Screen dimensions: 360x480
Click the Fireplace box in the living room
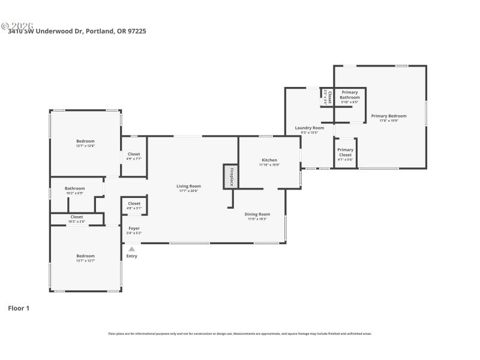coord(229,176)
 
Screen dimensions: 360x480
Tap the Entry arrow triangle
coord(131,248)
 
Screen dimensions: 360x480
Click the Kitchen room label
coord(269,160)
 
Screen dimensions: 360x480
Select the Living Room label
coord(188,186)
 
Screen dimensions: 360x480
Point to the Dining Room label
coord(257,214)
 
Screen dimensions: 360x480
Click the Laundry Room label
coord(309,128)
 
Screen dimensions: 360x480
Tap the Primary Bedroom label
coord(388,116)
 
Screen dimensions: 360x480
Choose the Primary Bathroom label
coord(350,95)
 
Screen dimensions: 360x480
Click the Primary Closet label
coord(345,152)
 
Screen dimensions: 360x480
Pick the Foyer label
coord(134,228)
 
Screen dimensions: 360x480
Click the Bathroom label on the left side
coord(75,188)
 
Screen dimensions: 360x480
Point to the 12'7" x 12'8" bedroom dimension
coord(85,146)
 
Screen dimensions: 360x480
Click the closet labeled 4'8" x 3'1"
coord(134,206)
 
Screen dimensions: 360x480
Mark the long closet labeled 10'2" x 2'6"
coord(77,219)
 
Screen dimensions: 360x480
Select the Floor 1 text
coord(19,308)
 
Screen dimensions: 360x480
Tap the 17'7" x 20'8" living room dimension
coord(188,191)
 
